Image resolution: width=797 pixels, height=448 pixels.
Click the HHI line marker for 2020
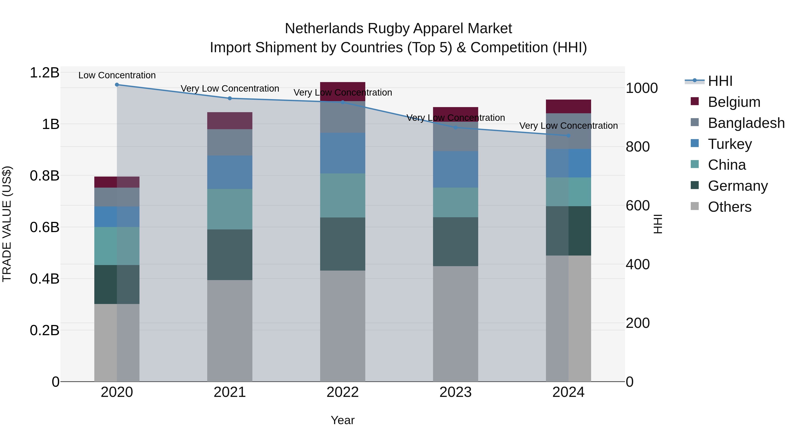pyautogui.click(x=117, y=85)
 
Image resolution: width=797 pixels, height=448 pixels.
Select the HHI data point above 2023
pyautogui.click(x=455, y=127)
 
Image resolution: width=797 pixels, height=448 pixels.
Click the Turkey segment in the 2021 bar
pyautogui.click(x=230, y=172)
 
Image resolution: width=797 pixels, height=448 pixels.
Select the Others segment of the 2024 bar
pyautogui.click(x=568, y=318)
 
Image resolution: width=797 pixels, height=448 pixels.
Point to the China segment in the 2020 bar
pyautogui.click(x=117, y=246)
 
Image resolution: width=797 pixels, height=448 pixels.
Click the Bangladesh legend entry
pyautogui.click(x=746, y=123)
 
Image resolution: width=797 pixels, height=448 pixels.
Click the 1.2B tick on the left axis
pyautogui.click(x=44, y=73)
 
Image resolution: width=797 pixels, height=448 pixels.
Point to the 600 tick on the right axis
pyautogui.click(x=637, y=206)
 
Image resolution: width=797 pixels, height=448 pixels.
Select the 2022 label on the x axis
pyautogui.click(x=342, y=392)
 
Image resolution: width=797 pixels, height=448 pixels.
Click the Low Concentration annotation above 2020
pyautogui.click(x=117, y=75)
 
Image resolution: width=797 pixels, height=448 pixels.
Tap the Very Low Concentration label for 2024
pyautogui.click(x=568, y=126)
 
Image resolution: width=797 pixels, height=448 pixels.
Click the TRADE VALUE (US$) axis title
pyautogui.click(x=7, y=224)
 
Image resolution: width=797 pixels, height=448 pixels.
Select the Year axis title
pyautogui.click(x=342, y=420)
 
